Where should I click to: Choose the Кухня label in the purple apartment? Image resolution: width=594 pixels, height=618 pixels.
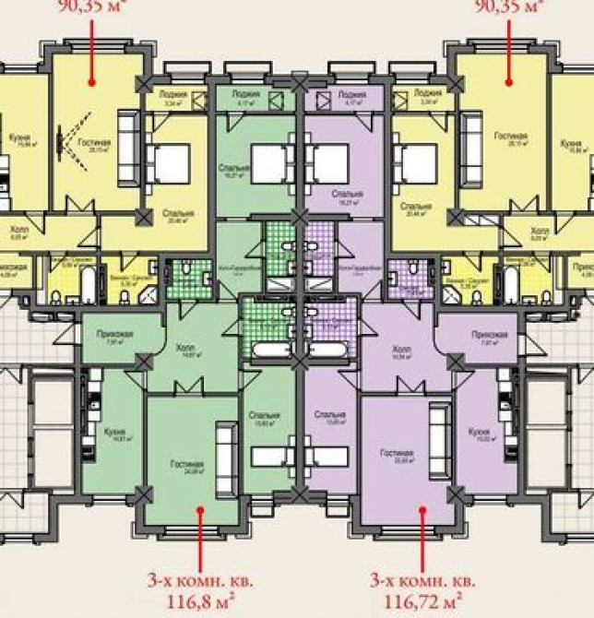[478, 431]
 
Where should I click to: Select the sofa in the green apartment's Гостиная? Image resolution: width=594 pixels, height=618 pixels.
[223, 447]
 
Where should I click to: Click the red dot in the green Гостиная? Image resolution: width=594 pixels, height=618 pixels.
[197, 507]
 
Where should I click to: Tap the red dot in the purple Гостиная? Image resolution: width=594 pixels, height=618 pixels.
[422, 507]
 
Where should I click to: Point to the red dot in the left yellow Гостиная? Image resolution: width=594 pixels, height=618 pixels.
[95, 81]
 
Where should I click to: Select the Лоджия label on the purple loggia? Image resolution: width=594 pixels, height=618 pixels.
[351, 93]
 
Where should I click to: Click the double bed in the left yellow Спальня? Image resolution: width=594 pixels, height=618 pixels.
[170, 164]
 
